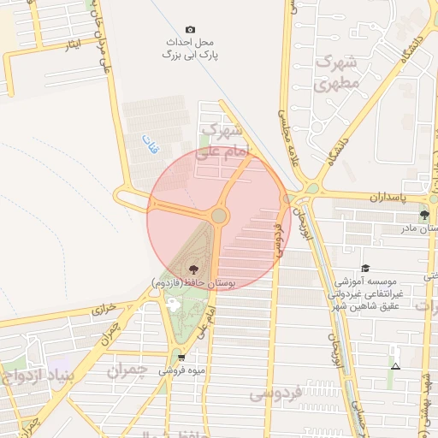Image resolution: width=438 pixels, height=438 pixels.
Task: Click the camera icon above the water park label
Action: pos(190,30)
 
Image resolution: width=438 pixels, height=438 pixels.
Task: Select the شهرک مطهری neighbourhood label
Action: pos(334,73)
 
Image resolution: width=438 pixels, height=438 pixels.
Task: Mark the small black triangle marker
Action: pos(395,367)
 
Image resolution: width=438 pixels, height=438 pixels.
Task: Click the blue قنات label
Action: pos(150,144)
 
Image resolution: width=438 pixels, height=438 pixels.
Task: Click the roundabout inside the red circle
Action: pos(219,216)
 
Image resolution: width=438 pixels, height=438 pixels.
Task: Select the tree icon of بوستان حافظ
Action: pos(192,269)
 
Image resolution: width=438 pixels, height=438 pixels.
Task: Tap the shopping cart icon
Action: pos(181,358)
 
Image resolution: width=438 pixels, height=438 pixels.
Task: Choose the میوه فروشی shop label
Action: pos(181,371)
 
